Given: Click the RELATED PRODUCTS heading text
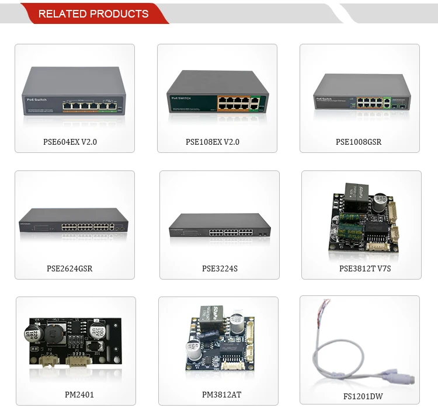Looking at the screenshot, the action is (93, 13).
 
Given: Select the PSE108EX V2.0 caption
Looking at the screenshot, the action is (213, 141).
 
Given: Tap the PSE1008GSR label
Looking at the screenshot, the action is (359, 141).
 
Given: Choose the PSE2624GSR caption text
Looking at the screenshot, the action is (69, 268).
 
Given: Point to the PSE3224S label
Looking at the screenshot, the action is (220, 268).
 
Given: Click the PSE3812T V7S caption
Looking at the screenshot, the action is (361, 268).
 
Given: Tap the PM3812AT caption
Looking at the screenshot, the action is (221, 395).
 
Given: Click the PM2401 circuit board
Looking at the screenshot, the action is (75, 342).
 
